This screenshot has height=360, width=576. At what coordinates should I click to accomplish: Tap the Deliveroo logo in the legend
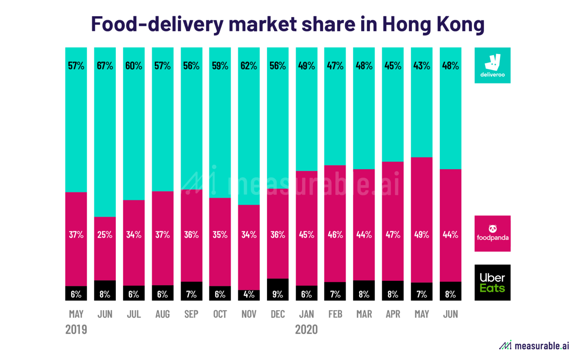click(x=492, y=65)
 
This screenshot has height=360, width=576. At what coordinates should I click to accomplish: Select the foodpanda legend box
click(x=492, y=233)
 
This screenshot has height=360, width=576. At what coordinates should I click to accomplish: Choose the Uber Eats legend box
click(x=492, y=282)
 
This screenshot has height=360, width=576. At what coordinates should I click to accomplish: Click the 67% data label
click(x=105, y=66)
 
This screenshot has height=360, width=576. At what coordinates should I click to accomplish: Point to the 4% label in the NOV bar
click(x=249, y=294)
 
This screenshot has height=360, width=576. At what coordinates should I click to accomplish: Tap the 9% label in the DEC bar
click(x=277, y=294)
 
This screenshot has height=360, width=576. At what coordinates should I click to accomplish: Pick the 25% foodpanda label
click(x=105, y=235)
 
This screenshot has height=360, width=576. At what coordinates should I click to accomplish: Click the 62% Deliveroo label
click(x=249, y=66)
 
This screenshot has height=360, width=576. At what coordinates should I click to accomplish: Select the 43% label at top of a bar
click(x=421, y=66)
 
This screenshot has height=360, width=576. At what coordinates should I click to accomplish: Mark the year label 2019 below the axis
click(x=76, y=329)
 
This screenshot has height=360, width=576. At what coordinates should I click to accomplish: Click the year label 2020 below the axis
click(x=306, y=329)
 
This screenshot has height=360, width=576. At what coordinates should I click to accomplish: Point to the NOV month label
click(x=249, y=314)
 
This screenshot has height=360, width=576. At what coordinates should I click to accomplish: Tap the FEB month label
click(x=335, y=314)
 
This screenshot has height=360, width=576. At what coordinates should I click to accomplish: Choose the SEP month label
click(x=191, y=314)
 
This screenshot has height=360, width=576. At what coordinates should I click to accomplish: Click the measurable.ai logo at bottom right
click(x=534, y=345)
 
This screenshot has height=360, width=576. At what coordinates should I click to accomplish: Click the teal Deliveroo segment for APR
click(x=393, y=112)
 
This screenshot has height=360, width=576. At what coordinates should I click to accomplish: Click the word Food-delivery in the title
click(x=157, y=24)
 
